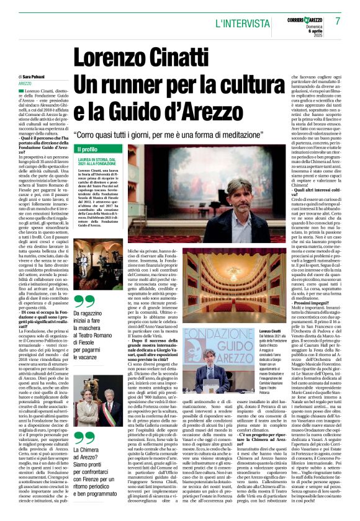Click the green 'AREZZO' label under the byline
tap(25, 83)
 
